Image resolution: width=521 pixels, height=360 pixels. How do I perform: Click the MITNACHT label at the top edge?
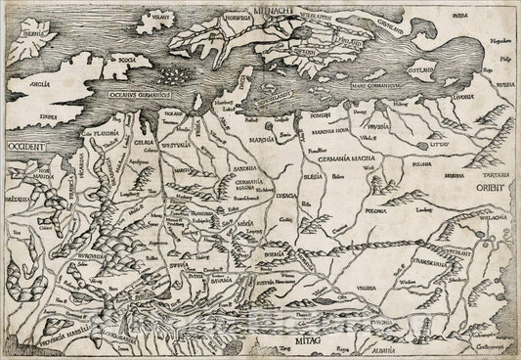(274, 8)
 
